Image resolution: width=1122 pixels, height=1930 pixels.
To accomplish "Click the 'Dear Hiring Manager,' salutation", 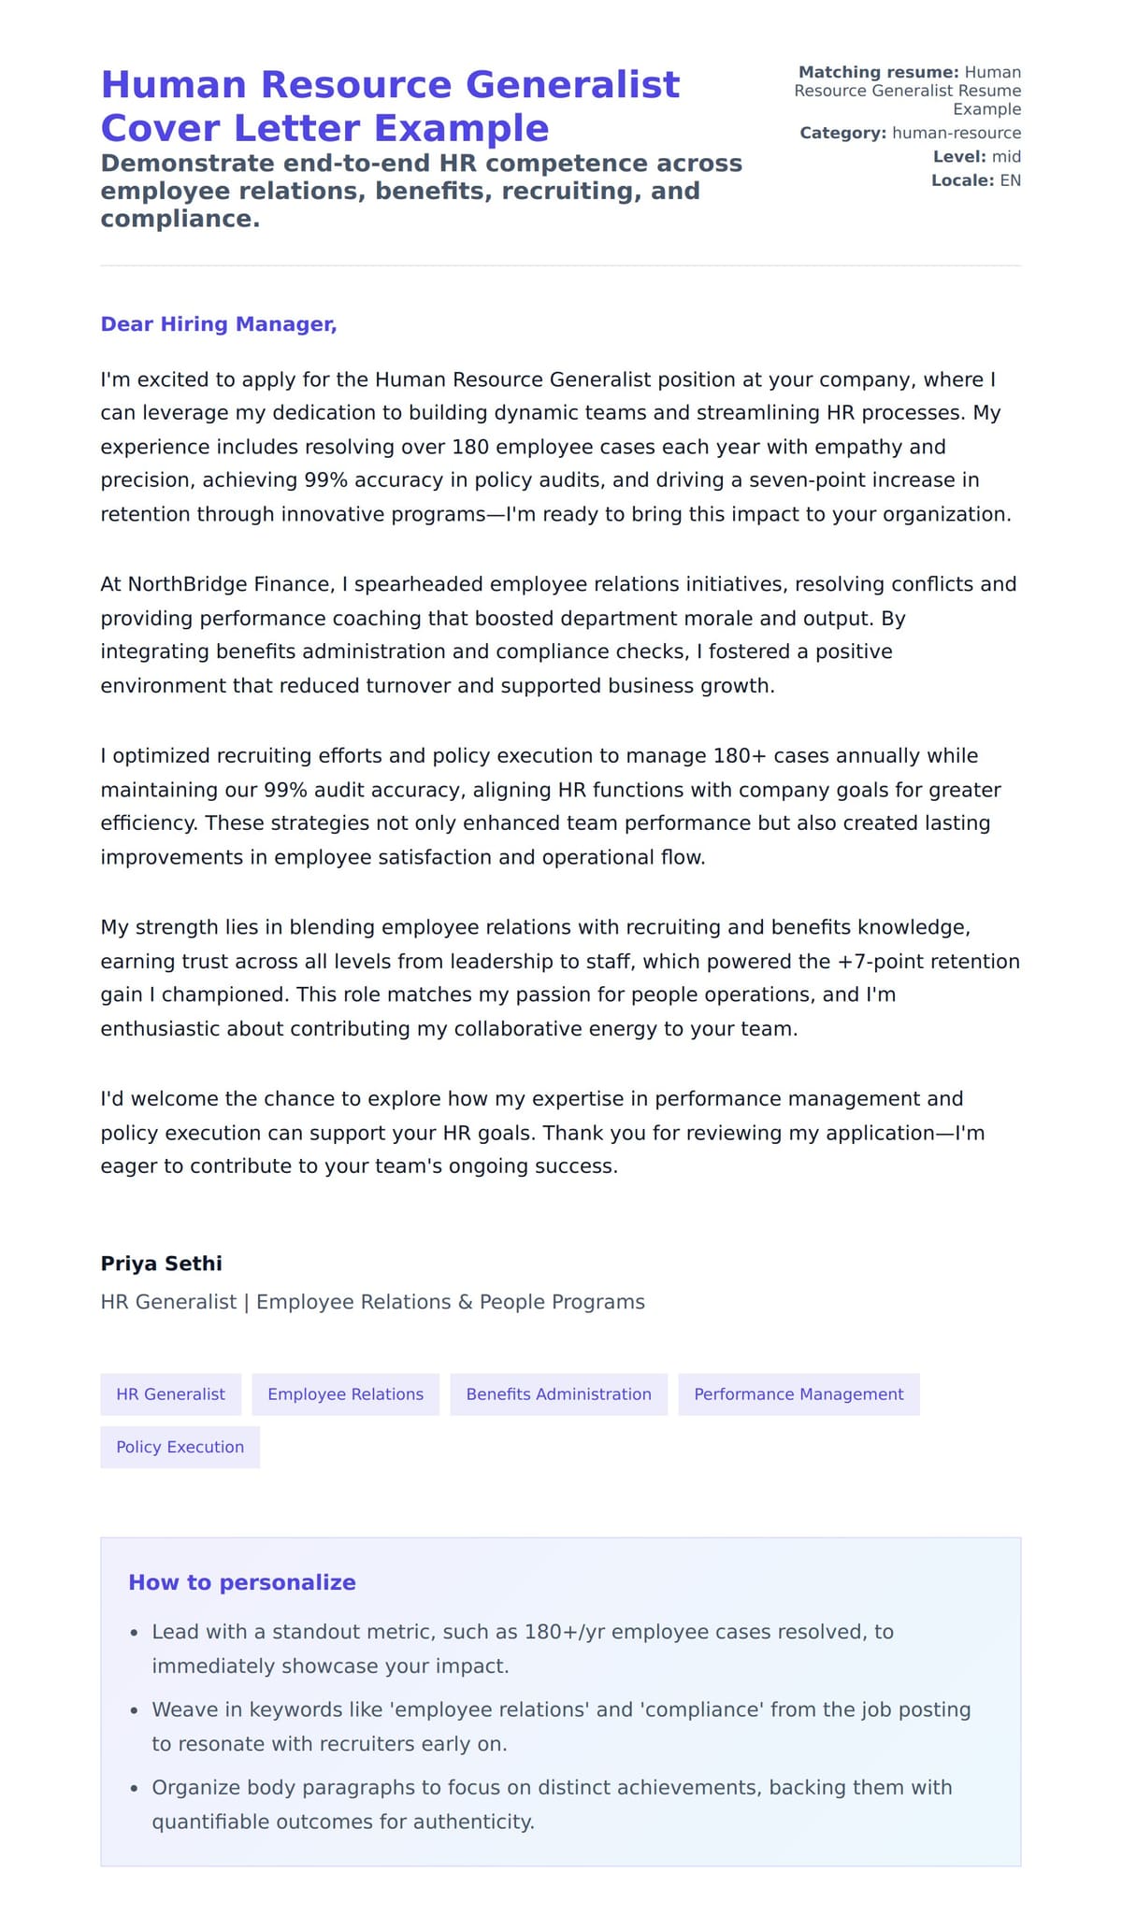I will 218,324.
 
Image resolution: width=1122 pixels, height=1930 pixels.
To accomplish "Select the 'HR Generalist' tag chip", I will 170,1394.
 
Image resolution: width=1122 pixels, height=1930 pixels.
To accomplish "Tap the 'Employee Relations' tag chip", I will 345,1394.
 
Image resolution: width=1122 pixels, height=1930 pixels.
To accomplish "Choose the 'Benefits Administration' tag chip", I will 558,1394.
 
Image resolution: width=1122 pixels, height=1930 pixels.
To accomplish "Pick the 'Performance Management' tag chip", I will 798,1394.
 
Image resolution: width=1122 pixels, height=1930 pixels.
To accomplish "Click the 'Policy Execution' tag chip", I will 180,1447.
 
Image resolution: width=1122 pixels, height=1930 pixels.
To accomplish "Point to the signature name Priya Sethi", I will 161,1264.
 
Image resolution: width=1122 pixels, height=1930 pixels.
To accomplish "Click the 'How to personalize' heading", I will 241,1582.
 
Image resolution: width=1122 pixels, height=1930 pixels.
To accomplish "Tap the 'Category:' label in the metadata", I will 842,133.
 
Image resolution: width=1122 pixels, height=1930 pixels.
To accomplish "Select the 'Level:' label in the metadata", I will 959,157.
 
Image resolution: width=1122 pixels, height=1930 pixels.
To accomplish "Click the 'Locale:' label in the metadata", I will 962,180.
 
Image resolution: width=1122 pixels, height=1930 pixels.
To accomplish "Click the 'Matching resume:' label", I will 878,72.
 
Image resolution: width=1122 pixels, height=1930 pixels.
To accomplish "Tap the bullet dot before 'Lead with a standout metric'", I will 134,1634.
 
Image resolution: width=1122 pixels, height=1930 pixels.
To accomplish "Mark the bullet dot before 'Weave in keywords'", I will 134,1711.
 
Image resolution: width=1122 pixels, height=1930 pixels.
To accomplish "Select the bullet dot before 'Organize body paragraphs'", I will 134,1789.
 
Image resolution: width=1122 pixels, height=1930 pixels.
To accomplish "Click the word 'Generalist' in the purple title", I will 572,85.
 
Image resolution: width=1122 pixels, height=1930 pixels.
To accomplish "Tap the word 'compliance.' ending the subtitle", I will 180,219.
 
